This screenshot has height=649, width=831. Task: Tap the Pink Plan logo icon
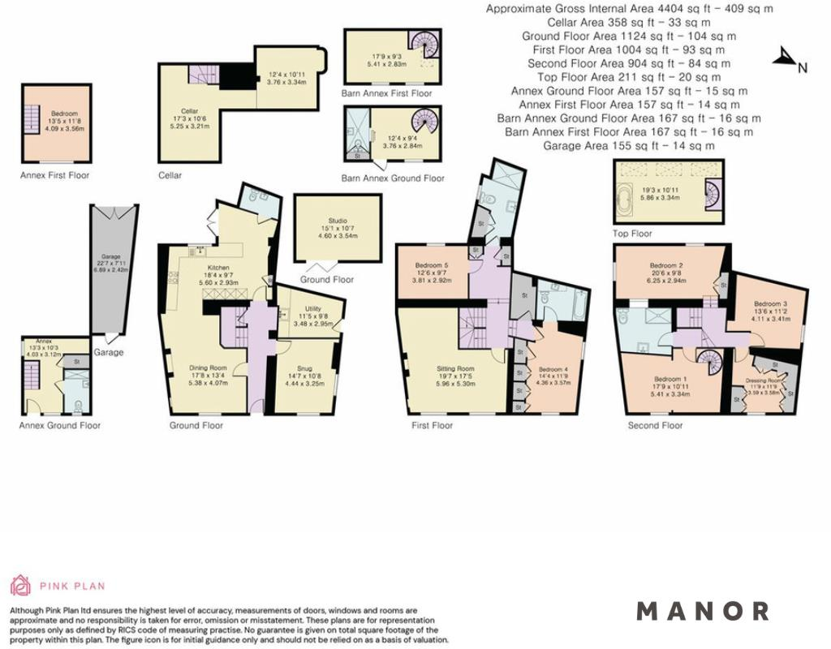(20, 585)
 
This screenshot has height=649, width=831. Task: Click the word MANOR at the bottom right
(703, 611)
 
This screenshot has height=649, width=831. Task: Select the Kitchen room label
(218, 268)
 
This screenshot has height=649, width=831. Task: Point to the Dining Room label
(208, 367)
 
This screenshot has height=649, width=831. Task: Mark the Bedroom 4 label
(553, 369)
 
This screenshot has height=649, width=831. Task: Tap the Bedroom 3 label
(771, 304)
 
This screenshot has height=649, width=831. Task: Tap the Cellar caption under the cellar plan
(170, 175)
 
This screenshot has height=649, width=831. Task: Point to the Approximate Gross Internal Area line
(629, 8)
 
